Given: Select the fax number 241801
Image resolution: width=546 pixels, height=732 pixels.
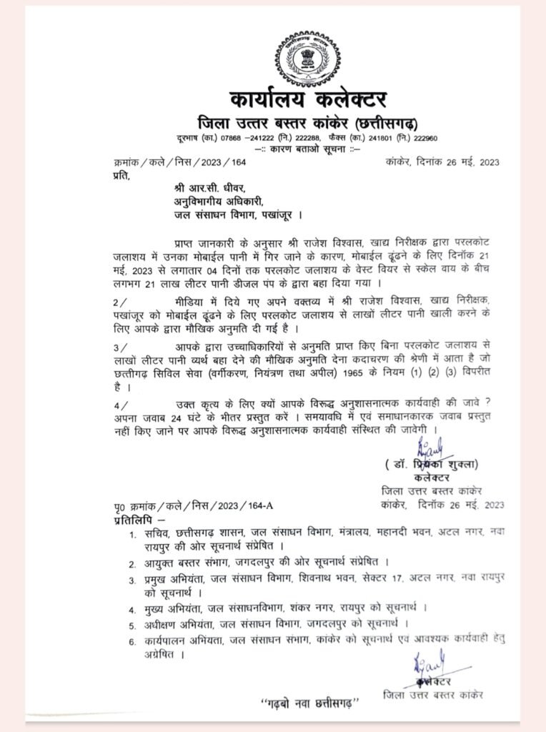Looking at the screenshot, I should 387,137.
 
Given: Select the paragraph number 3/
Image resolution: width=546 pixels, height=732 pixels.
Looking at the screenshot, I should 119,346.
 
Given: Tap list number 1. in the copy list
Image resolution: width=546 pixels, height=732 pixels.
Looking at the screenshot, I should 132,534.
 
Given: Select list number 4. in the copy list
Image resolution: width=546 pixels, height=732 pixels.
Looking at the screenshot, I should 132,609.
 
